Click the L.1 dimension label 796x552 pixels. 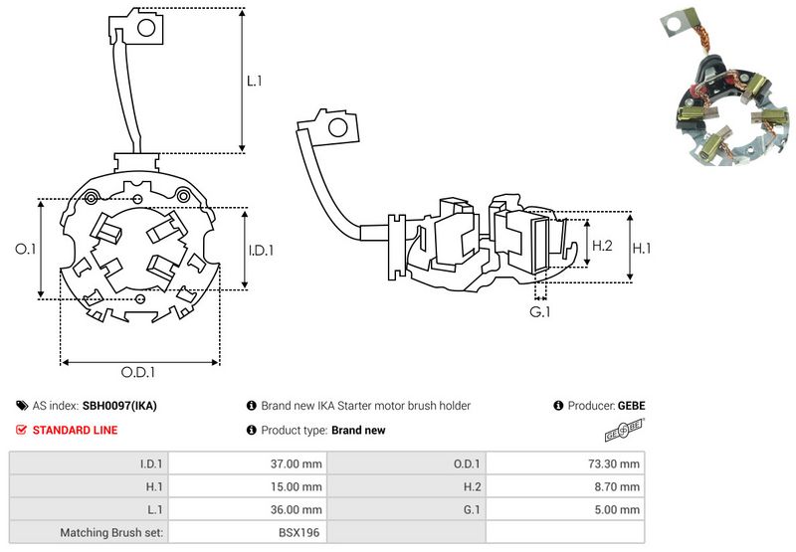tap(254, 80)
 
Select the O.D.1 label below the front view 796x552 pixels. tap(138, 372)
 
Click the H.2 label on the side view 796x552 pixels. tap(602, 246)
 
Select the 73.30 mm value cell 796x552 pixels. tap(613, 463)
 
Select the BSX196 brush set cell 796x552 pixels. tap(299, 532)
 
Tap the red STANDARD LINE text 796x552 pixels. tap(75, 431)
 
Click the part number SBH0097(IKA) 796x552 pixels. tap(119, 406)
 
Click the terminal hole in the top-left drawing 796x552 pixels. tap(146, 29)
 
